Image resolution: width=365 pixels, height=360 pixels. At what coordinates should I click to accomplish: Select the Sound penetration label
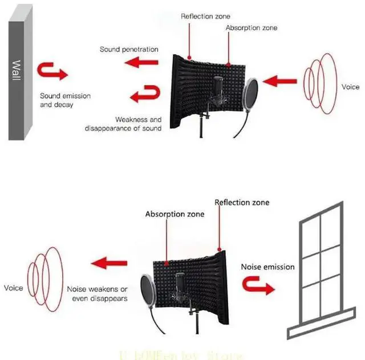coord(129,50)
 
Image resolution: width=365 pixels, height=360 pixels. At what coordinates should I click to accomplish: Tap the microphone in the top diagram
coord(217,93)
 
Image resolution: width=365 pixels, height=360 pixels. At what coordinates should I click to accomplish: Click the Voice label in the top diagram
coord(350,87)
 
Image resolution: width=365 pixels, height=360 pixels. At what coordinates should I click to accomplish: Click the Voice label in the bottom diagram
coord(13,288)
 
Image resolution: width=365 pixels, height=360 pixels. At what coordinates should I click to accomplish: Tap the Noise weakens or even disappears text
coord(97,293)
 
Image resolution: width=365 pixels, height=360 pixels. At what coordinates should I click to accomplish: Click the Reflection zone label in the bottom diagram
coord(242,202)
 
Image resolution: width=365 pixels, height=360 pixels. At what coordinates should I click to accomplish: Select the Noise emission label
coord(267,267)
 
